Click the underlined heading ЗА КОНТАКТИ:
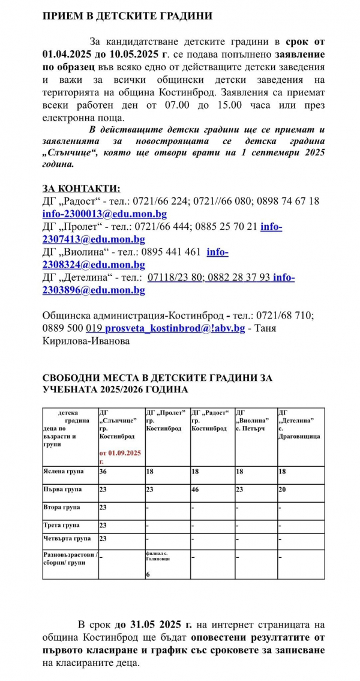[81, 188]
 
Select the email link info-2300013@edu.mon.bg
[104, 214]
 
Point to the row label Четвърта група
[67, 538]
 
